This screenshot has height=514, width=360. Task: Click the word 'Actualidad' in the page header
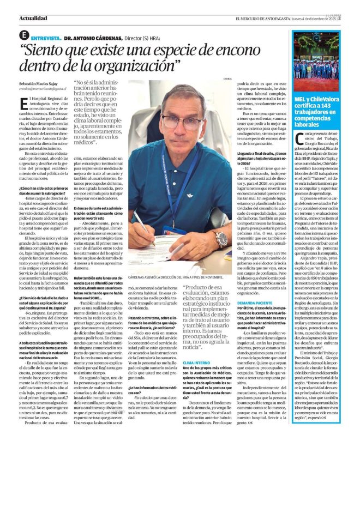click(33, 18)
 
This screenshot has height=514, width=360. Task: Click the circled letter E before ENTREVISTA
click(23, 35)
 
